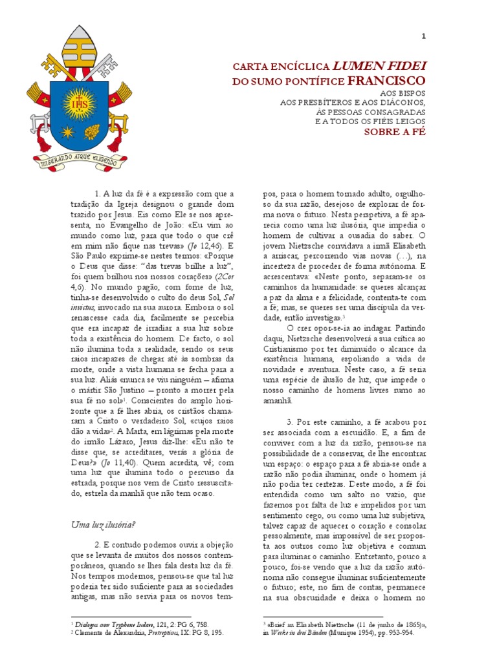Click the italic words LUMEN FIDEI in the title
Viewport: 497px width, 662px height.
click(380, 67)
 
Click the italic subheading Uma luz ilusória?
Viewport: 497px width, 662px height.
click(104, 524)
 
